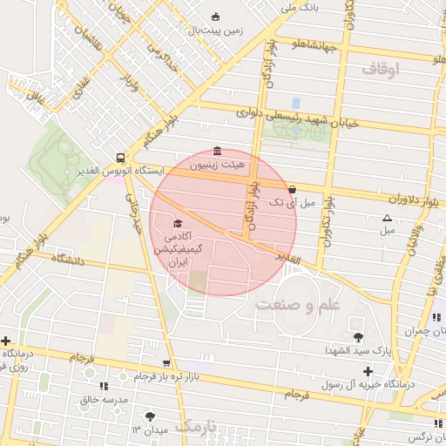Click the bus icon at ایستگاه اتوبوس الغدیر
pos(119,159)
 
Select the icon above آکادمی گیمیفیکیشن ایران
pos(178,224)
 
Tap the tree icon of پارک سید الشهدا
pos(357,337)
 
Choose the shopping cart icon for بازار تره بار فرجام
pos(166,364)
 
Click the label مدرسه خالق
pos(105,399)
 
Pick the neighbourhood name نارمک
pos(198,427)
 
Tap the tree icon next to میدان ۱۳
pos(152,417)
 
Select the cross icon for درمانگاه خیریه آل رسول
pos(368,372)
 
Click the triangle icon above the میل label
pos(387,218)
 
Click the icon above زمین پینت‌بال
pos(216,17)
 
